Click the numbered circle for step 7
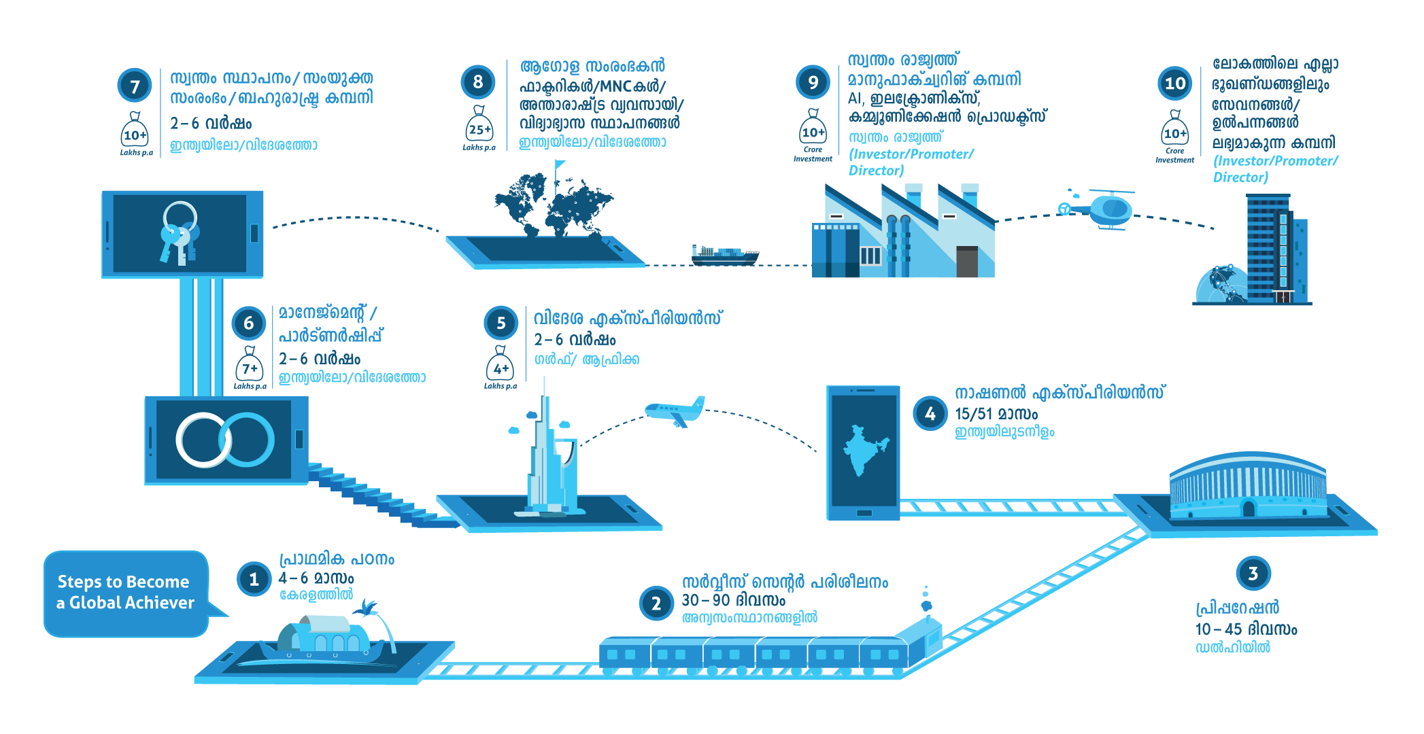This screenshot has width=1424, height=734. [x=135, y=86]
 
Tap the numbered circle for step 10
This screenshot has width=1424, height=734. [x=1174, y=84]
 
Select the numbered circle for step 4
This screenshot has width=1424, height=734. [x=930, y=413]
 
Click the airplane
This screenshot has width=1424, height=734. [x=675, y=411]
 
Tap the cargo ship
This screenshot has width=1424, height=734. [x=725, y=255]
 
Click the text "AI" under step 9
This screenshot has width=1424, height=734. [x=855, y=99]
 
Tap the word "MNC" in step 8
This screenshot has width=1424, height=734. [x=615, y=86]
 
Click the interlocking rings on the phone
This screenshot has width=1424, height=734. [x=225, y=440]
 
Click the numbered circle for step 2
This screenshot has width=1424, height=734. [x=656, y=603]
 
